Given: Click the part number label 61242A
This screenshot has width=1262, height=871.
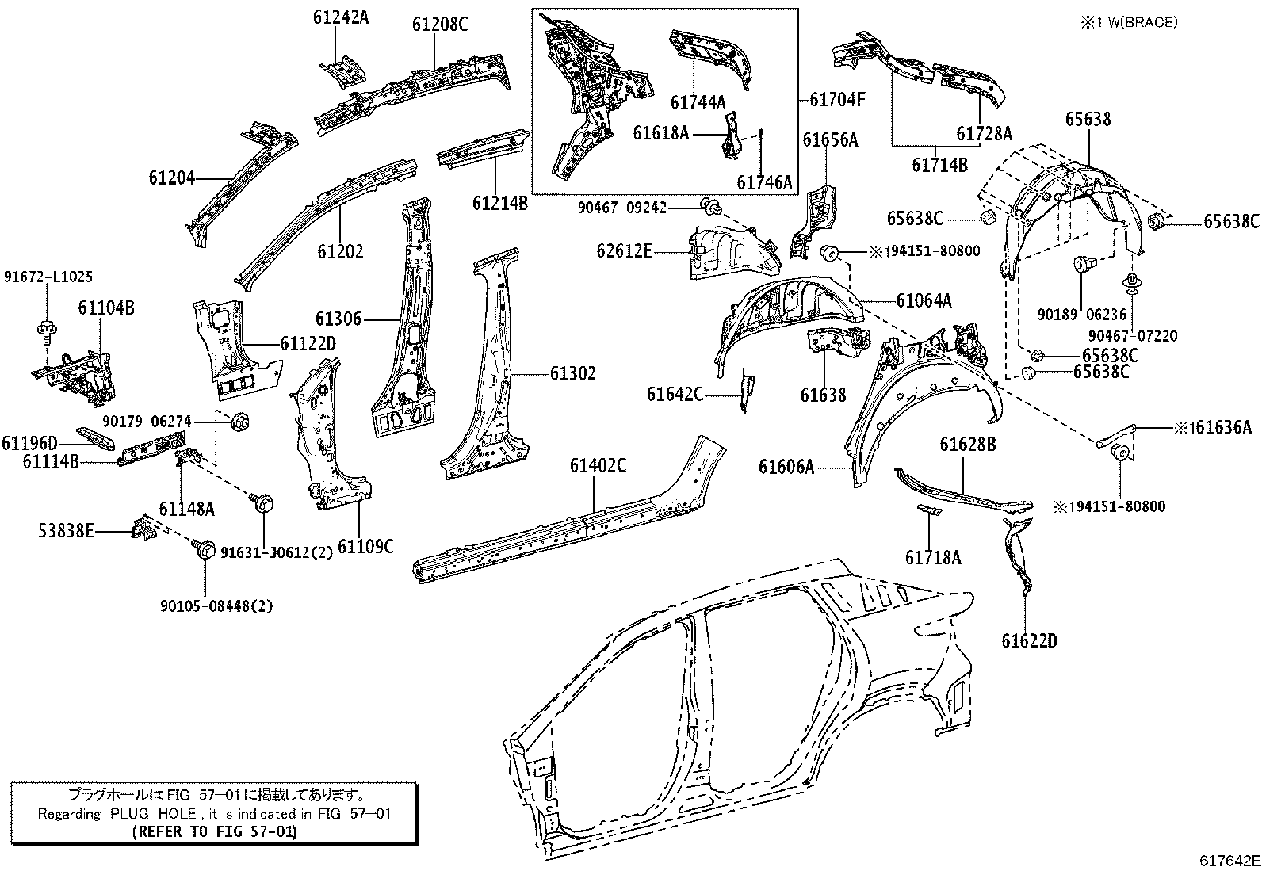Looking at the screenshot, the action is tap(341, 17).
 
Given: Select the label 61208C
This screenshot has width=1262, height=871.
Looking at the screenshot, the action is tap(440, 25).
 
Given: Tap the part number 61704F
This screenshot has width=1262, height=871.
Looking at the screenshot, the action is tap(837, 100).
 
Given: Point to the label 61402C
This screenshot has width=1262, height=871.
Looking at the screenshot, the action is tap(598, 466).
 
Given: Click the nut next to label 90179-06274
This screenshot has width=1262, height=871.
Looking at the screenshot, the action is tap(240, 421).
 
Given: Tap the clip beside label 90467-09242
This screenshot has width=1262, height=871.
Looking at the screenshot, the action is tap(711, 208).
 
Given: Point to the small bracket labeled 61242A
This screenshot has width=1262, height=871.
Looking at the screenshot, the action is tap(344, 71).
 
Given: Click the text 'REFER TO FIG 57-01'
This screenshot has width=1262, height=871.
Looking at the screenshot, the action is tap(215, 831).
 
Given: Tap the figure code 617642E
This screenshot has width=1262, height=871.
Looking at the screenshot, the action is tap(1229, 861).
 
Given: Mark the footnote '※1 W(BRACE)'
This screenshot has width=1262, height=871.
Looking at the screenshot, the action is tap(1129, 22).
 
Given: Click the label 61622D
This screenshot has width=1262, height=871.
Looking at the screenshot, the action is tap(1029, 640).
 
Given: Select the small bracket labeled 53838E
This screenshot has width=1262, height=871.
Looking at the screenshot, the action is tap(143, 527).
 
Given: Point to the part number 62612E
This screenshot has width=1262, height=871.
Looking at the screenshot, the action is tap(624, 250).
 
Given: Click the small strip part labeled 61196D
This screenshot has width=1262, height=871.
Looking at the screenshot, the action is tap(95, 437).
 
